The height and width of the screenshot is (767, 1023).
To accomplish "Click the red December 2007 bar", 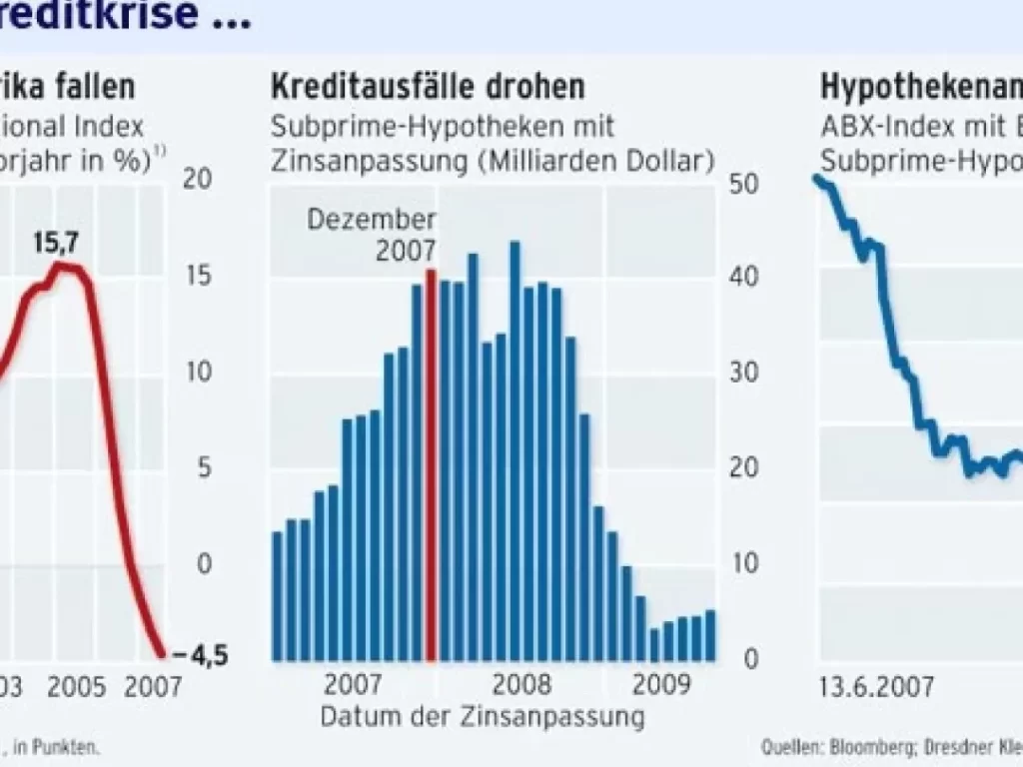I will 432,464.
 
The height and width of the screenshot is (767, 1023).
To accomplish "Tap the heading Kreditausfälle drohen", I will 428,87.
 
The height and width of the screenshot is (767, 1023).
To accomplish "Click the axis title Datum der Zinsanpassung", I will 483,716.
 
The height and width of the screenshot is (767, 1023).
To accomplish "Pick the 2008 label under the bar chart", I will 522,686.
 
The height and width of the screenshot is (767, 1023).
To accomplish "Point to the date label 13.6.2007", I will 876,687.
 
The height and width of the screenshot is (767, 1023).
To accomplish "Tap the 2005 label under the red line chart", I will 77,687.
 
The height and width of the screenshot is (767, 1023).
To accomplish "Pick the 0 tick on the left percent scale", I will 205,563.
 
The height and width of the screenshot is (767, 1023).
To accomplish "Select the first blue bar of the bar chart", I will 278,595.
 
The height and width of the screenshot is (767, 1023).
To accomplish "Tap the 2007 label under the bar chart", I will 352,686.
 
